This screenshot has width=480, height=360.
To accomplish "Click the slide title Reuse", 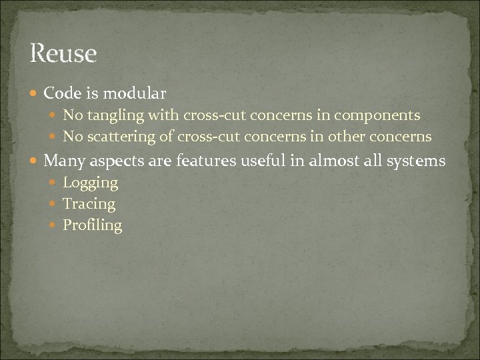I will point(63,53).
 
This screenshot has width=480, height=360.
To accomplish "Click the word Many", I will point(62,161).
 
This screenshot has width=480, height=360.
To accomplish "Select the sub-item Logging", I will point(90,183).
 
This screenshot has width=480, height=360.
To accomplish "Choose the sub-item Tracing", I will point(89,204).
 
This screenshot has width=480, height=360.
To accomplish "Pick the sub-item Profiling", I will point(92,225).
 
